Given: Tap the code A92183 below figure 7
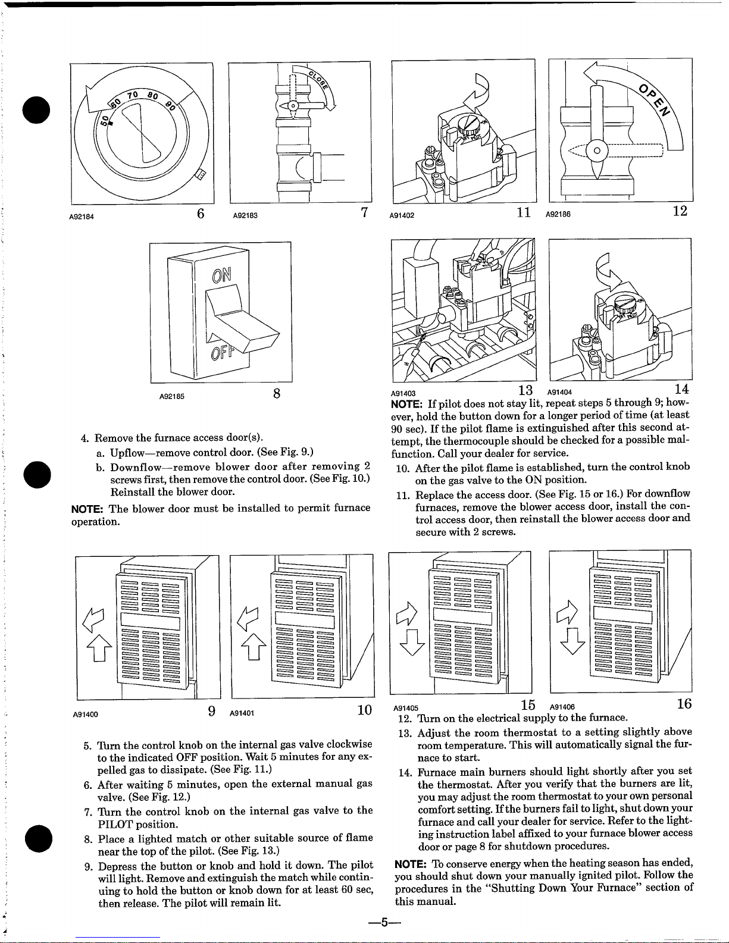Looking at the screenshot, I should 243,216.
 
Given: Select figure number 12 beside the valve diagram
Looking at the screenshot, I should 680,211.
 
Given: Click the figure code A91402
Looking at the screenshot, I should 402,216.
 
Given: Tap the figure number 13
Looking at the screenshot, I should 525,390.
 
